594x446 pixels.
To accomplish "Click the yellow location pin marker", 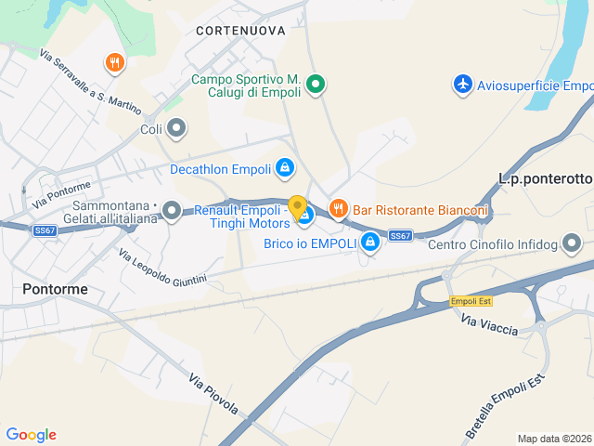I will pos(298,207).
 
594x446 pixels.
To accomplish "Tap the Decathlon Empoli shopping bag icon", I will pos(285,168).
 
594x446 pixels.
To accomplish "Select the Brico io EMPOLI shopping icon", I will pos(370,243).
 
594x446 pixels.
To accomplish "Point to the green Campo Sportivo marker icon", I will pos(316,85).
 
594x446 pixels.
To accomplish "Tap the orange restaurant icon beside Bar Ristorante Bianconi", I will pos(338,209).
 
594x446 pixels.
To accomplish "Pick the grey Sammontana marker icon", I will pos(172,211).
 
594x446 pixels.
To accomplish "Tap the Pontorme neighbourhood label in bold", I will pos(56,289).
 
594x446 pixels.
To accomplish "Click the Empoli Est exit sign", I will pos(470,301).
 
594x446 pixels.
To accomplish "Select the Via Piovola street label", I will pos(213,394).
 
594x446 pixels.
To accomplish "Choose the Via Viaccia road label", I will pos(489,326).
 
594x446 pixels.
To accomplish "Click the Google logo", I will pos(31,435).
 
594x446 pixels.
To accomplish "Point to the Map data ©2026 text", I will pos(554,439).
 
